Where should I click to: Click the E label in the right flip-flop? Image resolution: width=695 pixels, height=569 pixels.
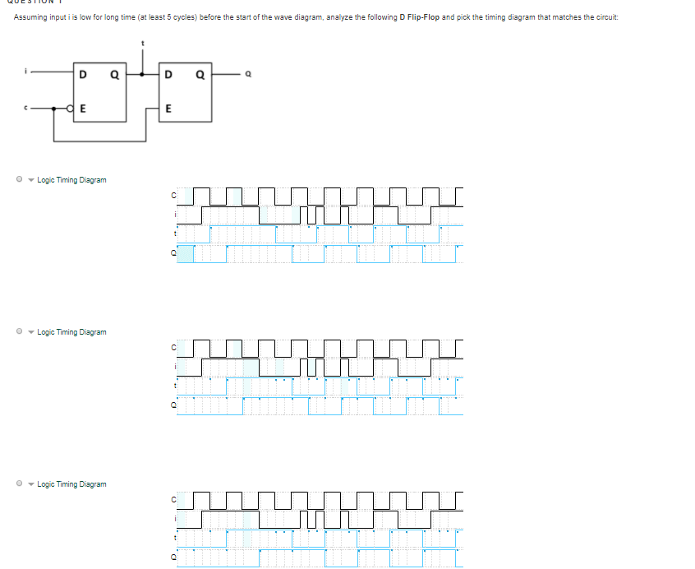[168, 108]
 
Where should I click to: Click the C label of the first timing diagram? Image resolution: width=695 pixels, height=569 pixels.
[173, 195]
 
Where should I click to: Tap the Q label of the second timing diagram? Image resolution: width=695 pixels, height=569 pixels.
[173, 405]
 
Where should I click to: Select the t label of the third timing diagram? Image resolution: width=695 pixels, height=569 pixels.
[174, 539]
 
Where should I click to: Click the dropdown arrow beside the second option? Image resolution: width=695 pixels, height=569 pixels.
[30, 332]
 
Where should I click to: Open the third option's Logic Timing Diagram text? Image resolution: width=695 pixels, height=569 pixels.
[72, 484]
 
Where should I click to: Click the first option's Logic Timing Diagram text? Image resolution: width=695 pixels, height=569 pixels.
[72, 180]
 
